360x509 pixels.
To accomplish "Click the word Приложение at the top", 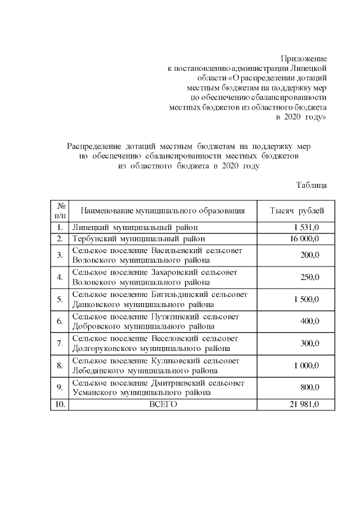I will [304, 58].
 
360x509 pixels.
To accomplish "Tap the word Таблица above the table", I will [312, 184].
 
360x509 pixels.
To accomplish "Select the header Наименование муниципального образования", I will [163, 211].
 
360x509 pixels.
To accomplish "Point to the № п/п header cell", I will [59, 211].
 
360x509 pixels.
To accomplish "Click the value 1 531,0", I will [306, 227].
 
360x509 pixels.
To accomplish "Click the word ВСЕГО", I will [163, 404].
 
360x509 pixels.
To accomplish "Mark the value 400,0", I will [309, 321].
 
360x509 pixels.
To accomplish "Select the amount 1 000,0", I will [306, 366].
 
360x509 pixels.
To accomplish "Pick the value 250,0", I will [309, 277].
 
